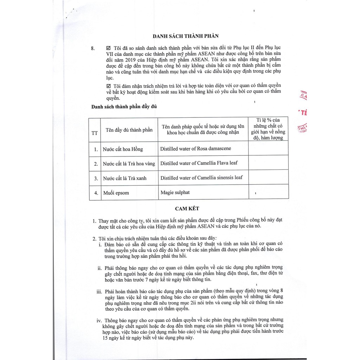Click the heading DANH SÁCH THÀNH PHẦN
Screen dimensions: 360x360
click(185, 36)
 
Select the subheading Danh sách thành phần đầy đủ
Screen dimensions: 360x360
click(124, 107)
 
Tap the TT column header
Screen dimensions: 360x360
click(95, 133)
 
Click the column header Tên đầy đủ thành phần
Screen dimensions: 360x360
click(129, 130)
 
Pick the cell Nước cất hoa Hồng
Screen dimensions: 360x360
click(123, 149)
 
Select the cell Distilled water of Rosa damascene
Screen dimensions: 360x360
click(195, 148)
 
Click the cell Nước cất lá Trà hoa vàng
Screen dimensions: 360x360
click(129, 164)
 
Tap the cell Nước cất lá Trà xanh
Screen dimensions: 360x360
click(124, 178)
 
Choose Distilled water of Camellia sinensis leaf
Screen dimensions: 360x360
click(201, 178)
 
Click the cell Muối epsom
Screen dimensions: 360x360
click(116, 193)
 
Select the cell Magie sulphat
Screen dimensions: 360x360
click(175, 192)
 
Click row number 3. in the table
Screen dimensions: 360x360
click(95, 178)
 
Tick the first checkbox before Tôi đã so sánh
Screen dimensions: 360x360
click(108, 47)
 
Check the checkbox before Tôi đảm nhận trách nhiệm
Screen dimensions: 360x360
click(108, 86)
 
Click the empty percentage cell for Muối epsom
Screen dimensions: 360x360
click(268, 193)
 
